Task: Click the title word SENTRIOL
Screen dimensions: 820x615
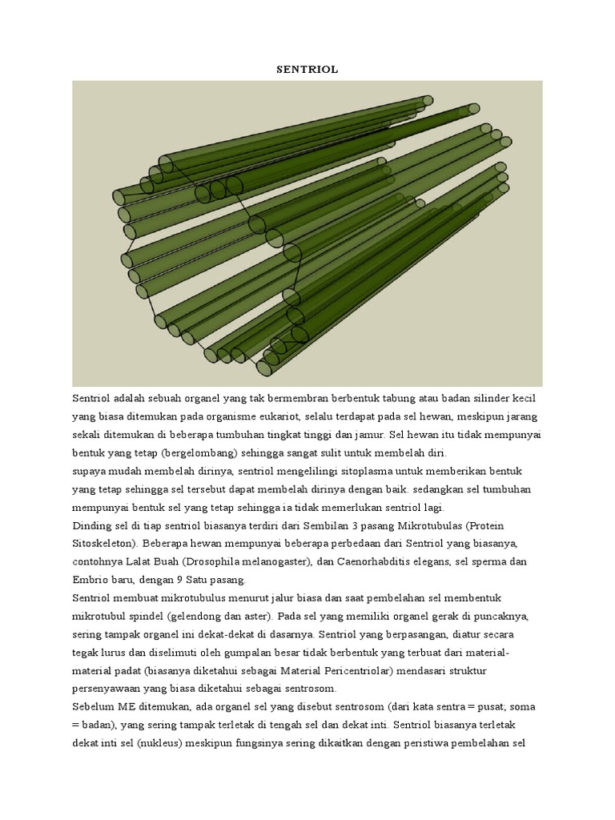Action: [307, 70]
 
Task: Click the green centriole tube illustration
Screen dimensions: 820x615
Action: [307, 233]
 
